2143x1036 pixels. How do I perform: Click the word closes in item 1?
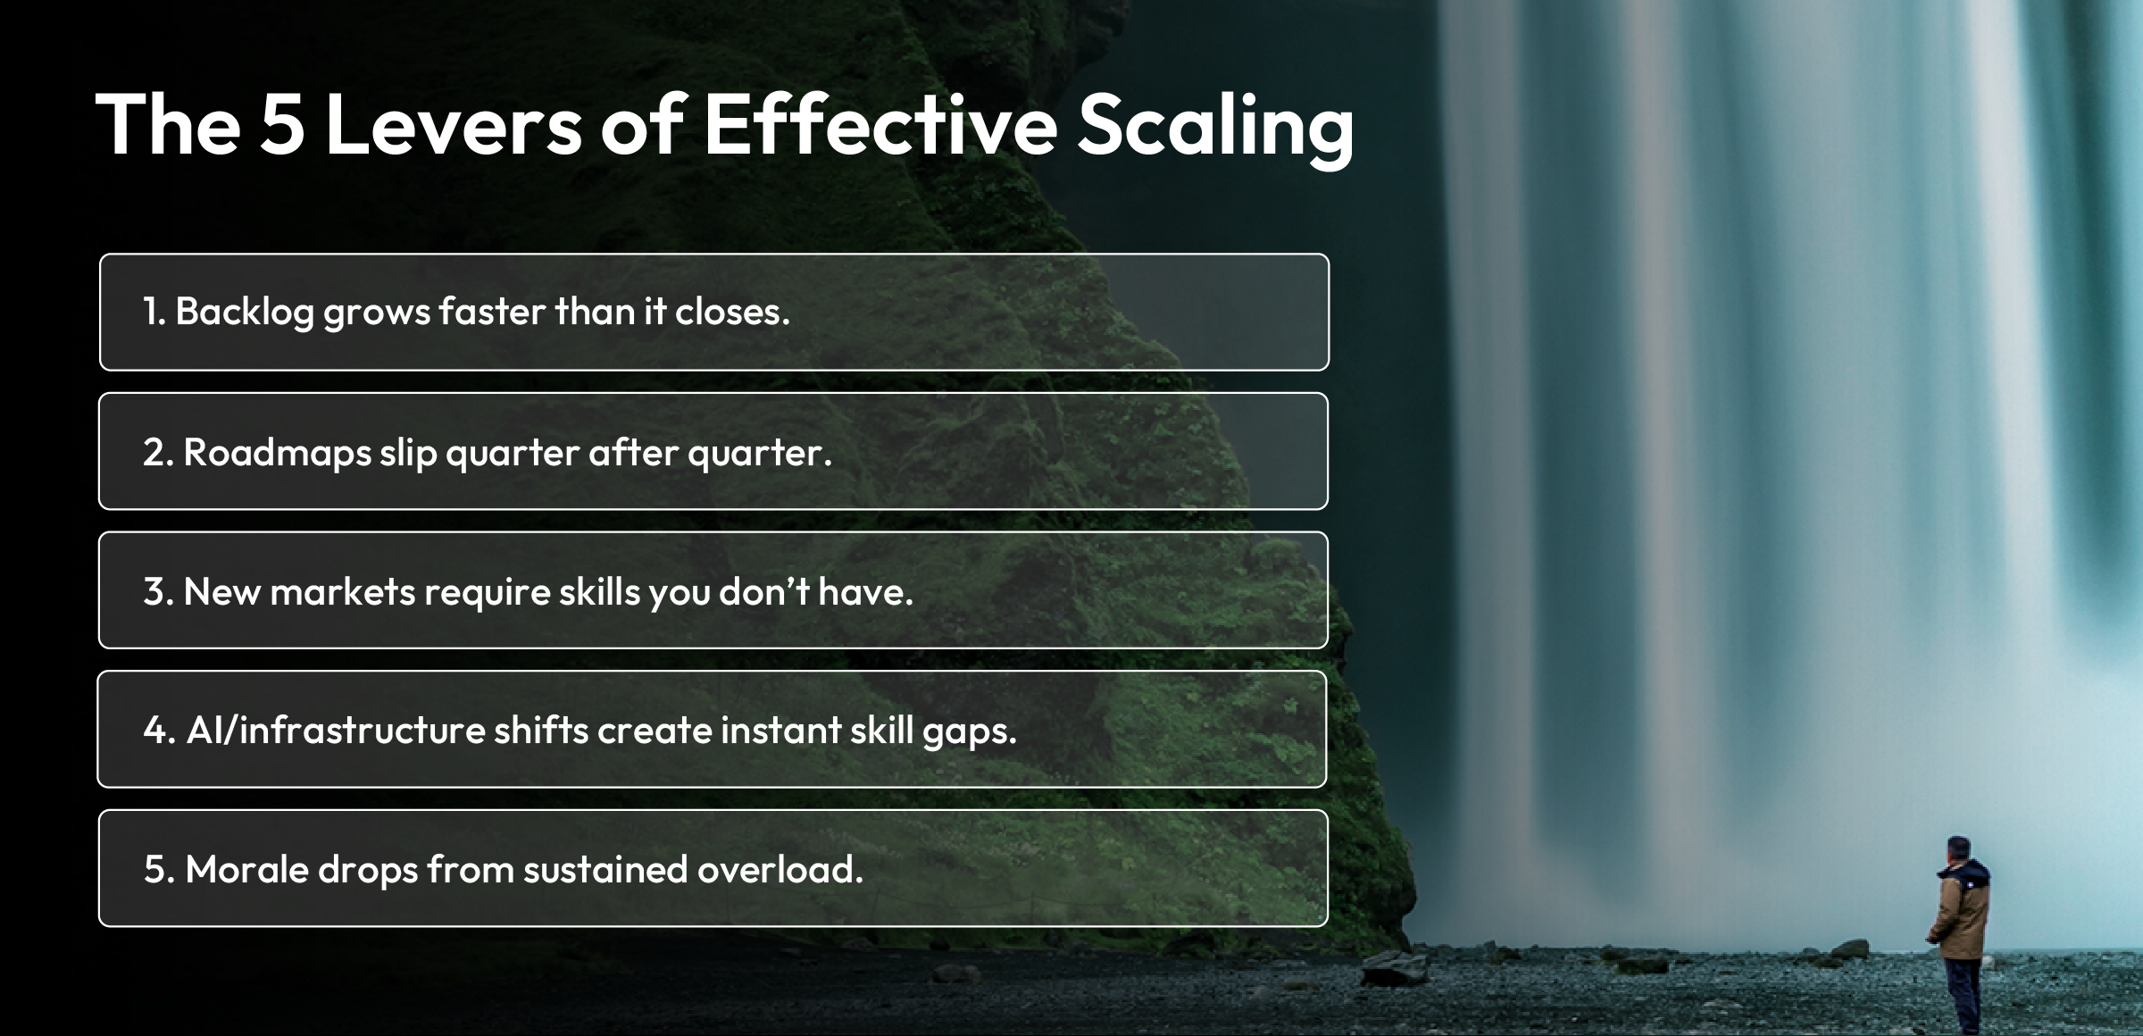(x=731, y=312)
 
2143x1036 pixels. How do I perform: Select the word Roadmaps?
(x=277, y=452)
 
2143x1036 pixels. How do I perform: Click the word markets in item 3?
(x=342, y=591)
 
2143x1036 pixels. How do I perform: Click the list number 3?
(x=155, y=591)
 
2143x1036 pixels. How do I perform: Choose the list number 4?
(x=155, y=730)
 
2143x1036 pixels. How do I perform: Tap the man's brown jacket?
(x=1963, y=911)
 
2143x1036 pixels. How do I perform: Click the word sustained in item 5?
(x=605, y=869)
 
